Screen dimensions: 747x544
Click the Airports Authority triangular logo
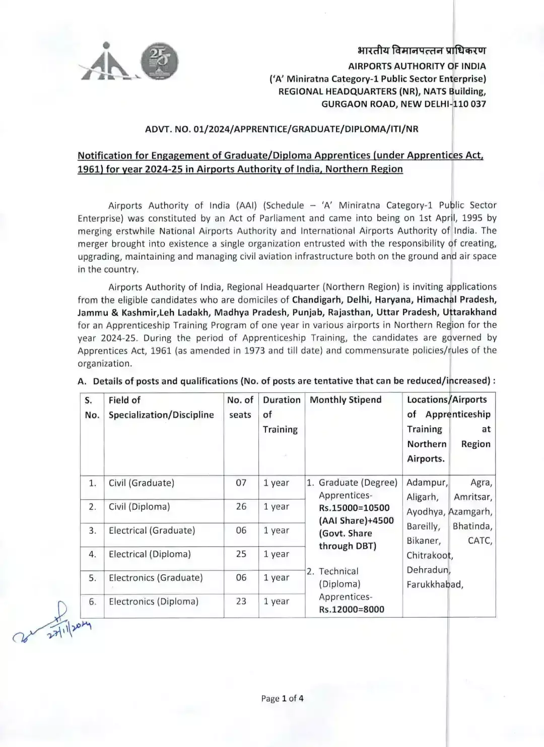(x=107, y=64)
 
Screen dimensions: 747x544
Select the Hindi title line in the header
(x=422, y=50)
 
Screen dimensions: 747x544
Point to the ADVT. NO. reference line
(x=282, y=129)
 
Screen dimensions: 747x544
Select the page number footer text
(x=282, y=698)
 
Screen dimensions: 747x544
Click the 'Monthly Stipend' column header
(x=346, y=400)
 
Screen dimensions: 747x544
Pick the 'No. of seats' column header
(x=240, y=407)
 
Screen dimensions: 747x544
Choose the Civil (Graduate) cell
(x=142, y=483)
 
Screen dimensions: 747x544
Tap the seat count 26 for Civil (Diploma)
(x=241, y=506)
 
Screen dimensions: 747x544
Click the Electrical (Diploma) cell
(x=150, y=554)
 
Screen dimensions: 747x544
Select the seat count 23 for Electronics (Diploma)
(x=241, y=601)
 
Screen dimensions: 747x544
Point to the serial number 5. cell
(x=92, y=578)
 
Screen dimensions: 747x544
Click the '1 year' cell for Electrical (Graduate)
(x=276, y=530)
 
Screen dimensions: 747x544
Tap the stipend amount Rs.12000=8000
(x=351, y=609)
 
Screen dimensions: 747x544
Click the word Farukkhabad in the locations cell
(x=435, y=584)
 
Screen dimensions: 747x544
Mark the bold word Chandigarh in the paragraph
(x=317, y=300)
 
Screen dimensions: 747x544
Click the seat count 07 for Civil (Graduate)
(x=241, y=483)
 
